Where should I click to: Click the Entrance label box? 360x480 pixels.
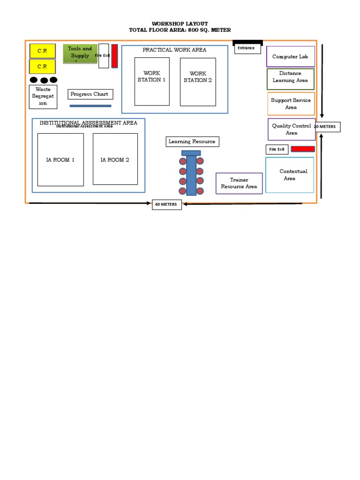tap(247, 48)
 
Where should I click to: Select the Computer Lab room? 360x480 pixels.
tap(291, 57)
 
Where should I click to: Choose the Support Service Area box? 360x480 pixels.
tap(291, 104)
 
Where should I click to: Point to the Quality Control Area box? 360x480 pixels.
tap(291, 129)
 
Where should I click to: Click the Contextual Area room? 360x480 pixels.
tap(290, 175)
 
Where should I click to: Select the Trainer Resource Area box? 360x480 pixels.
tap(239, 183)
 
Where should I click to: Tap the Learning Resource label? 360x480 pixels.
tap(192, 142)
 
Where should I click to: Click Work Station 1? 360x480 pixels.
tap(152, 82)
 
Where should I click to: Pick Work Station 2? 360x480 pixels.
tap(198, 82)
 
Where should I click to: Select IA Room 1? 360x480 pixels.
tap(60, 159)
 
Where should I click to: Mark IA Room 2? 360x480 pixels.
tap(115, 159)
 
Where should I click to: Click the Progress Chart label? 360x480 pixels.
tap(90, 94)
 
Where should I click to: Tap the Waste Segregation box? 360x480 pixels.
tap(43, 97)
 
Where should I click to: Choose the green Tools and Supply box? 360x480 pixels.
tap(80, 53)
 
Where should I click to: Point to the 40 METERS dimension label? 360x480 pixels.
tap(167, 204)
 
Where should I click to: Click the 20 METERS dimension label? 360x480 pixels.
tap(328, 127)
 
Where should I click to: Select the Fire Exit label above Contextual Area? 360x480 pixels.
tap(277, 150)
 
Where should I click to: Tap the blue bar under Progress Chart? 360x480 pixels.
tap(90, 106)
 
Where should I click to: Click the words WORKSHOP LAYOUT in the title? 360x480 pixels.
tap(180, 23)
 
